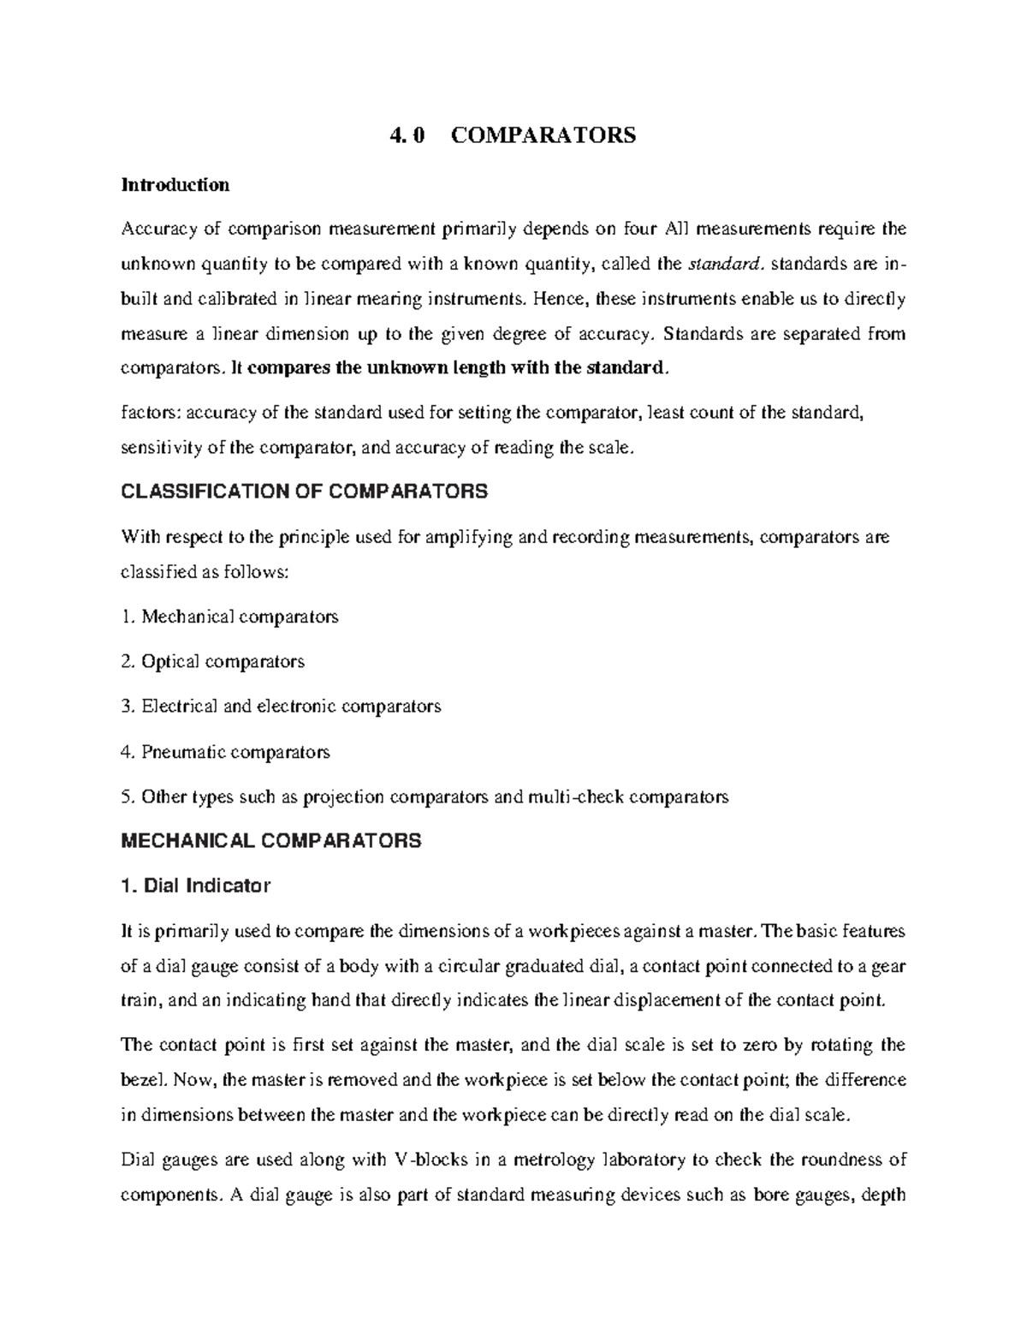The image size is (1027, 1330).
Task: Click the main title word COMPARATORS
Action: click(x=543, y=135)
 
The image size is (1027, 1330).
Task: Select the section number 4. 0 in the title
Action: click(x=407, y=135)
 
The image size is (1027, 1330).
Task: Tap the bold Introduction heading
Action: click(x=175, y=184)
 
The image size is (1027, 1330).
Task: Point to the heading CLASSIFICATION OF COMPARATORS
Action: click(x=305, y=492)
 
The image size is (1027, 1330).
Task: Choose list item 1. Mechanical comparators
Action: click(x=230, y=617)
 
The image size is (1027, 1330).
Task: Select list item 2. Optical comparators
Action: click(x=213, y=661)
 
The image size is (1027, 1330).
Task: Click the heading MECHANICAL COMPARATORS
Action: click(x=271, y=841)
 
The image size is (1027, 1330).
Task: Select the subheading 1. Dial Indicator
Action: click(x=196, y=886)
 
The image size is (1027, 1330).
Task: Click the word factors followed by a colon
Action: click(x=151, y=414)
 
